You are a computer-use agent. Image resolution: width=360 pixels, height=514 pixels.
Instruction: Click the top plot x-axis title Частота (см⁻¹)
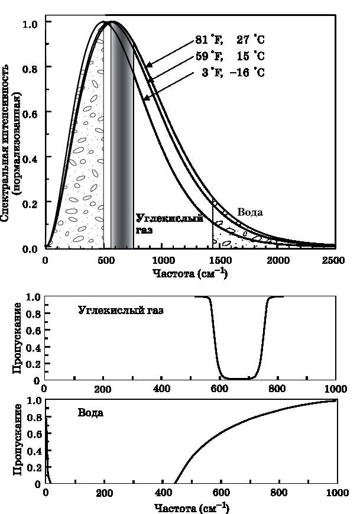pos(189,274)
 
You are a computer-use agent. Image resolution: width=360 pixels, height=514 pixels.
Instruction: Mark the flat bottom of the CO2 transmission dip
pos(241,379)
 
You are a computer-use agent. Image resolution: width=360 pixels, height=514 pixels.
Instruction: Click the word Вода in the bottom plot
pos(91,412)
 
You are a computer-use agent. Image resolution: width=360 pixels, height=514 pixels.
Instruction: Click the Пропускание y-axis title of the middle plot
pos(18,338)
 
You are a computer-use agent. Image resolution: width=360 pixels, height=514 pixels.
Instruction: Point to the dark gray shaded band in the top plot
pos(122,136)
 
